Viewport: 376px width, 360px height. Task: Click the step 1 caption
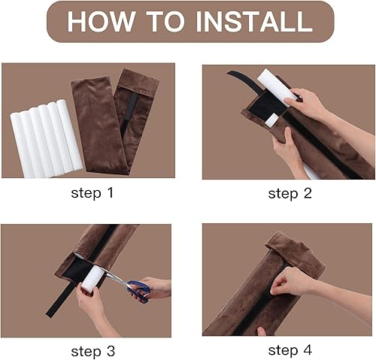pos(92,193)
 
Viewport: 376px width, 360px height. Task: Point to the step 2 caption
pos(289,193)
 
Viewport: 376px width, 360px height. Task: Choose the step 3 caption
pos(92,350)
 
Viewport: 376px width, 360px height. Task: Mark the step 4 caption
pos(289,350)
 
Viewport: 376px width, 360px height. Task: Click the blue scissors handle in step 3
pos(138,289)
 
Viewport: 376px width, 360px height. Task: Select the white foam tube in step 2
pos(274,86)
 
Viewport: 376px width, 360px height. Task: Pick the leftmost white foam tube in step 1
pos(19,143)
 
